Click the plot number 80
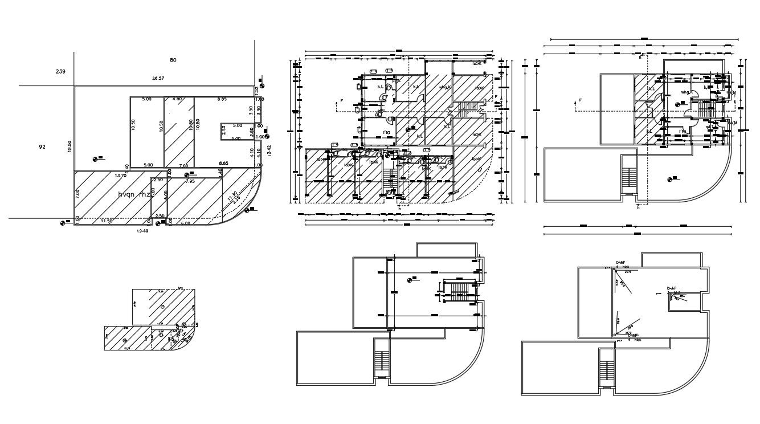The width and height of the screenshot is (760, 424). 173,59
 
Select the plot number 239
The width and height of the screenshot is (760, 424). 60,71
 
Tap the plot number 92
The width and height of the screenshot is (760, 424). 42,146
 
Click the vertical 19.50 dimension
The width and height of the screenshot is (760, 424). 70,147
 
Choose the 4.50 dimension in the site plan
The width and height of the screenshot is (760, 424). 177,99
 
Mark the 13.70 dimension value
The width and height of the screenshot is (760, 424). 120,176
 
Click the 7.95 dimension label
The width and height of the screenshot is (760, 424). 190,181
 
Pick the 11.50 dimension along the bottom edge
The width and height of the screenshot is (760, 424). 107,221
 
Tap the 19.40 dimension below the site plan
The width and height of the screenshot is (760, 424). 142,231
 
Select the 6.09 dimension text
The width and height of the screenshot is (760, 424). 185,223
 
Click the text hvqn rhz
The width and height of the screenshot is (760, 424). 134,194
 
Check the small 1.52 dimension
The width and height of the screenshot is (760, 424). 257,90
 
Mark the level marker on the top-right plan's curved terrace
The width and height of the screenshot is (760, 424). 670,180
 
